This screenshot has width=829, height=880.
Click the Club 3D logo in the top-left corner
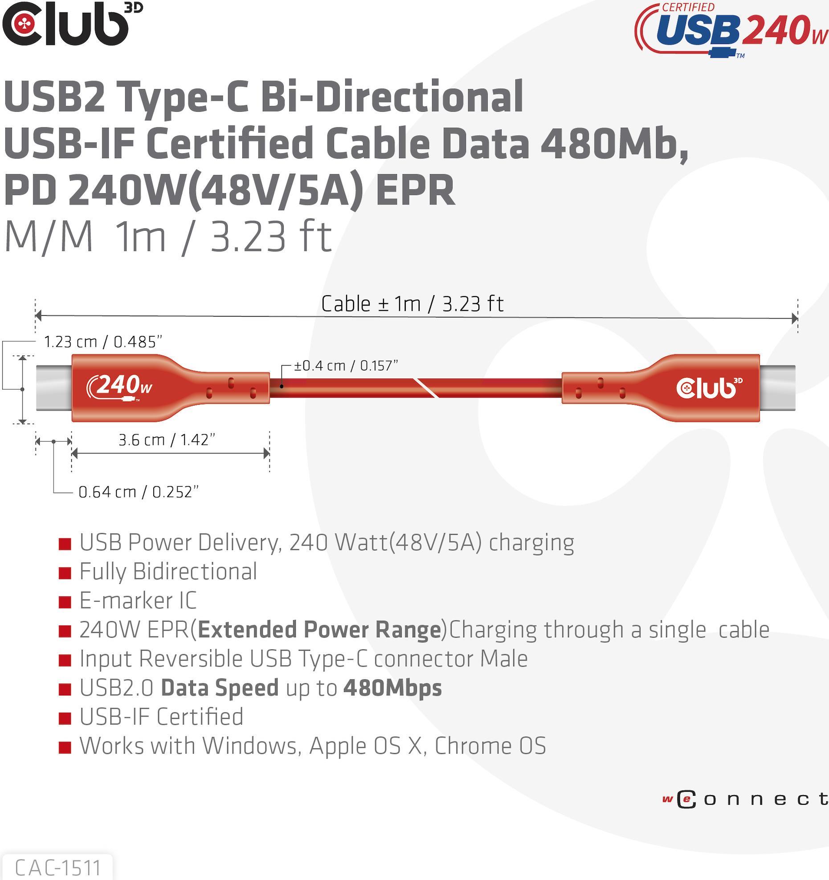(x=73, y=24)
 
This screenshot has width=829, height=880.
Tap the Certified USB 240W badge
(x=731, y=30)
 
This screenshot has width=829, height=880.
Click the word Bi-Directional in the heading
(x=392, y=97)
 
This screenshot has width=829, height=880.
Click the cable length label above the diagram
(x=412, y=304)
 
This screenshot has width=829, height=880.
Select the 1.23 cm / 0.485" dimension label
(x=103, y=342)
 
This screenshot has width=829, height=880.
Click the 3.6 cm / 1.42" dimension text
(x=167, y=440)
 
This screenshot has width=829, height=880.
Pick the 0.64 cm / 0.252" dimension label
(x=138, y=492)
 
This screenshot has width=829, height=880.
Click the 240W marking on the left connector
(x=119, y=387)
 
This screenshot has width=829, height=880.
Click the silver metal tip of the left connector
(x=54, y=388)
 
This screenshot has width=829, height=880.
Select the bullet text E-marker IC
(x=138, y=600)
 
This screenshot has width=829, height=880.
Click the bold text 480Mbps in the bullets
(x=392, y=688)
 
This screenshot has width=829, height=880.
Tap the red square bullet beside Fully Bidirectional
(x=65, y=573)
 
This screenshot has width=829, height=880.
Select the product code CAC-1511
(x=57, y=868)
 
